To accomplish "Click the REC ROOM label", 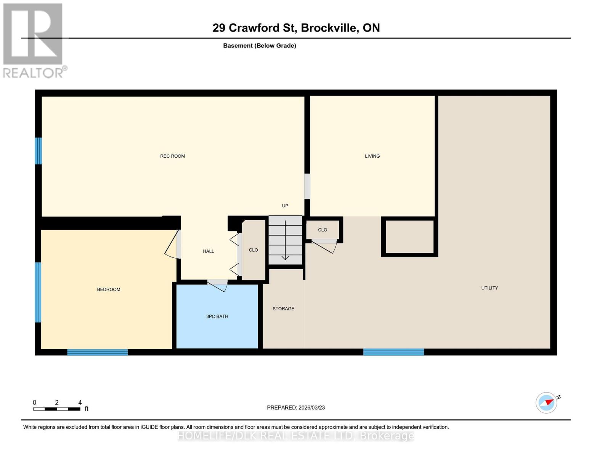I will point(172,156).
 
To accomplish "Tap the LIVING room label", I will point(372,156).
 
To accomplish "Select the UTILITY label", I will point(489,288).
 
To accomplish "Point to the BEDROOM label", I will point(109,289).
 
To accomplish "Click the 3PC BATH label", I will point(217,316).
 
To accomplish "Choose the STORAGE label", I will point(283,308).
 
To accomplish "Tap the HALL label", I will point(209,251).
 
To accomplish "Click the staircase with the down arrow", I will point(285,240).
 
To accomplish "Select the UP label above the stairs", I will point(285,206).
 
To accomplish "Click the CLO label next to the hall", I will point(253,250).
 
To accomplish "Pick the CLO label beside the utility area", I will point(322,230).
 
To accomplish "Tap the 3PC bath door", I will point(217,286).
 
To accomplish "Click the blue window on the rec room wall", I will point(38,151).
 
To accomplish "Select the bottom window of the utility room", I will point(393,352).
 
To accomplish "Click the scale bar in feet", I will point(57,409).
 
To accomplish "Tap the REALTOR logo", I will point(34,40).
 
